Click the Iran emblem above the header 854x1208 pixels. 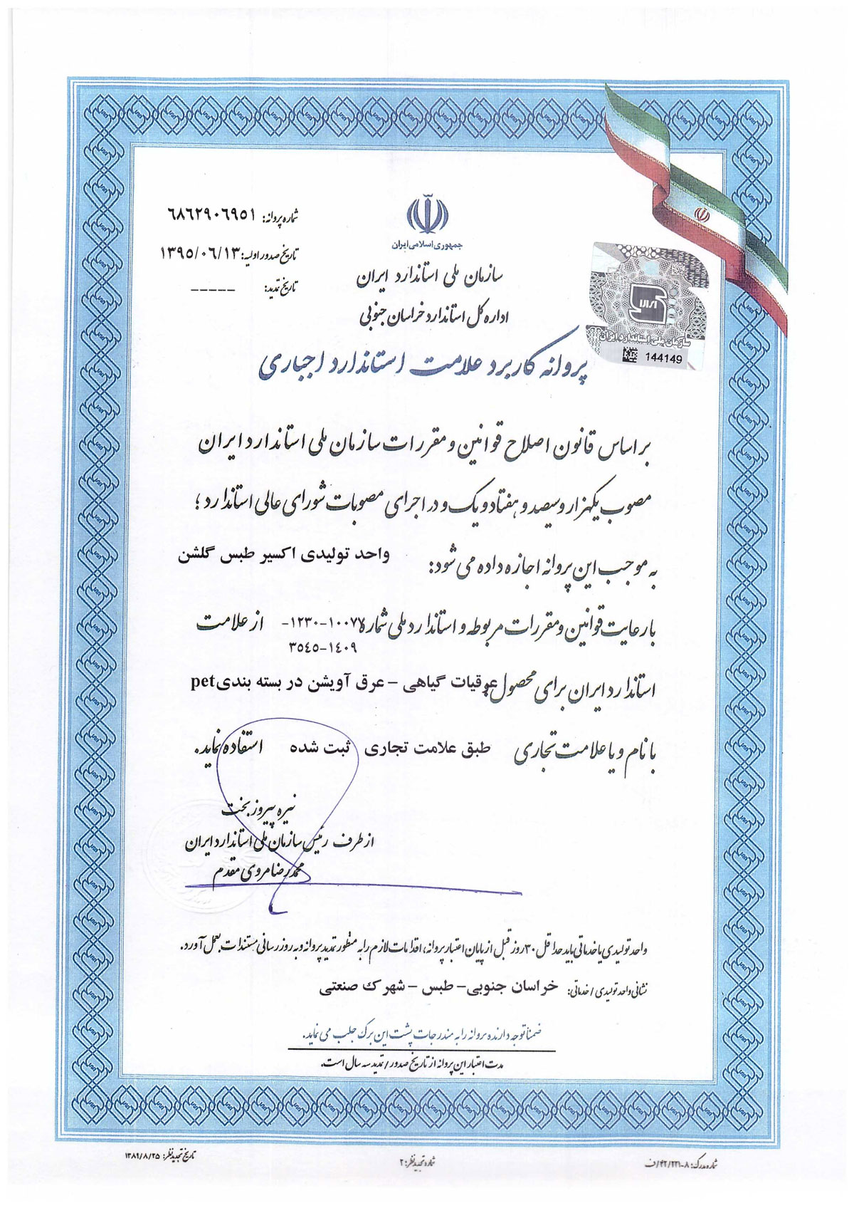point(428,214)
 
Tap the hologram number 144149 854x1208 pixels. point(662,359)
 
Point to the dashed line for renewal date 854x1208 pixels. point(212,290)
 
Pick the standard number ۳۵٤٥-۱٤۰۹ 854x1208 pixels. point(321,648)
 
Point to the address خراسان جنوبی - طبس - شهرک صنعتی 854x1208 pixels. point(439,989)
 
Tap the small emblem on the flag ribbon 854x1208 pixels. point(701,214)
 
